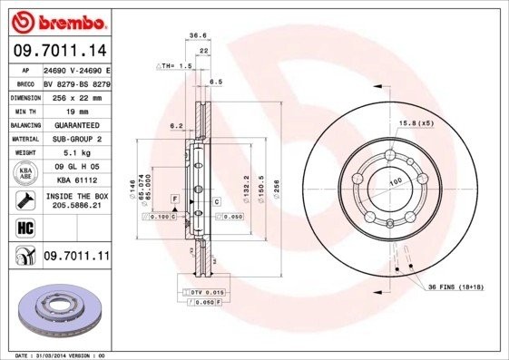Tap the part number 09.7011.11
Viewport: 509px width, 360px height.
point(75,258)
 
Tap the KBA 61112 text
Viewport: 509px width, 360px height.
point(75,181)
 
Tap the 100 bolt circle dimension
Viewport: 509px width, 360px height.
point(396,182)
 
